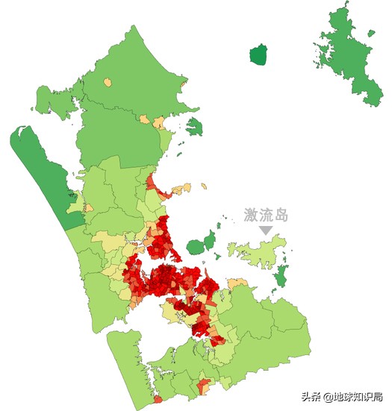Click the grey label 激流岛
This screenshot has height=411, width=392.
[266, 216]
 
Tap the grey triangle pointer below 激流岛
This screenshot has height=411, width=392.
[266, 231]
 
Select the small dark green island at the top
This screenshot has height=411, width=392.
[258, 55]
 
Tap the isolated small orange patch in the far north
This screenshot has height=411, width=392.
[108, 82]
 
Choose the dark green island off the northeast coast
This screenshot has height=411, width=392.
[194, 127]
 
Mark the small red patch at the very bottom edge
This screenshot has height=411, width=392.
[204, 386]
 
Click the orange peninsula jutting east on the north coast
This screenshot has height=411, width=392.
[180, 189]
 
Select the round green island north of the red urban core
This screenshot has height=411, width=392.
[197, 245]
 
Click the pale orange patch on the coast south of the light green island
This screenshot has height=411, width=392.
[237, 284]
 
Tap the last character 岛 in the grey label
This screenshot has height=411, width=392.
[280, 216]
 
